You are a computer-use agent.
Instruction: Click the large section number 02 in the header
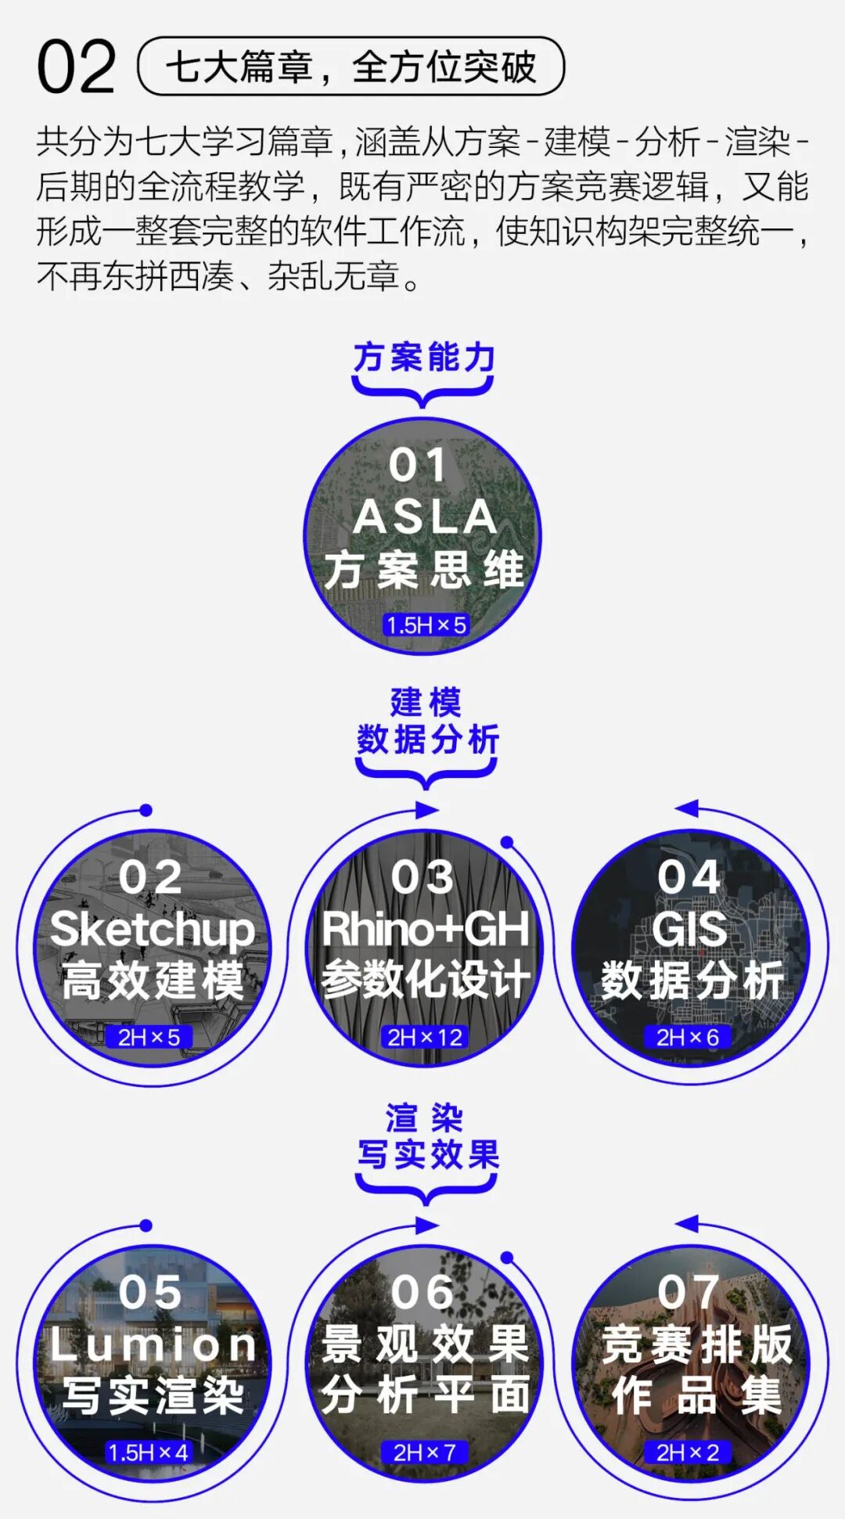click(x=76, y=68)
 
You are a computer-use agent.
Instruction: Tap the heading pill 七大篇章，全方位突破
click(x=351, y=67)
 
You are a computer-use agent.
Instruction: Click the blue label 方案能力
click(x=423, y=357)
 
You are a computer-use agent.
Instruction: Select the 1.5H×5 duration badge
click(x=426, y=625)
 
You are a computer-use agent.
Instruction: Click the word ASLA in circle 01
click(x=424, y=517)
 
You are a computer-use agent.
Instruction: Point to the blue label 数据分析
click(x=427, y=740)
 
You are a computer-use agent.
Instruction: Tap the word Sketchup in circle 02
click(x=153, y=929)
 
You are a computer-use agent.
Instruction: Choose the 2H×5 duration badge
click(x=149, y=1037)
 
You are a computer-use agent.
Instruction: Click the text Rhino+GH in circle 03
click(x=425, y=929)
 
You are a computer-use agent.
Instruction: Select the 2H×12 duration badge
click(x=425, y=1037)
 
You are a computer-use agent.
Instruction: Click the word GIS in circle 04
click(x=689, y=929)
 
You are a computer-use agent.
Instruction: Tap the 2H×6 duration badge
click(x=688, y=1037)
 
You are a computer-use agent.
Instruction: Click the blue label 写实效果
click(x=428, y=1154)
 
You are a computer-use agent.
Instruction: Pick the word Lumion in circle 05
click(x=153, y=1344)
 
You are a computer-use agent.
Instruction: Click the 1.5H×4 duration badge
click(x=148, y=1452)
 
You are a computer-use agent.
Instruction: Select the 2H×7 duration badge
click(x=424, y=1452)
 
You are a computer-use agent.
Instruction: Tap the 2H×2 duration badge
click(x=688, y=1452)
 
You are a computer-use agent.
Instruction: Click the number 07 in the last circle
click(x=688, y=1292)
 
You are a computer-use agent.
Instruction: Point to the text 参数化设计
click(x=425, y=979)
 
